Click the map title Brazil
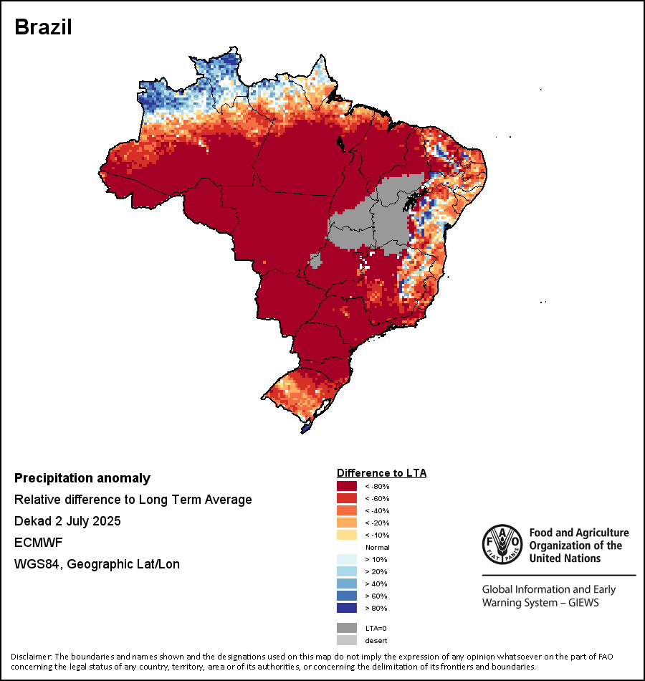coord(43,27)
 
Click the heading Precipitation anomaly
coord(82,478)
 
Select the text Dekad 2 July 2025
coord(67,521)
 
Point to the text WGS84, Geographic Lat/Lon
coord(97,564)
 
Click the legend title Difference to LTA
coord(381,473)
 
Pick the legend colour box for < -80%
coord(347,487)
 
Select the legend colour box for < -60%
coord(347,499)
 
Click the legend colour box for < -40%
coord(347,511)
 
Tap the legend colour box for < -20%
coord(347,523)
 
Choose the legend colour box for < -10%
coord(347,535)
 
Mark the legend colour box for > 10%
coord(347,560)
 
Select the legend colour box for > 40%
coord(347,584)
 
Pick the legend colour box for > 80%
coord(347,609)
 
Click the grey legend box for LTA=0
coord(347,628)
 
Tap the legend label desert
coord(376,640)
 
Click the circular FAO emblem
coord(500,546)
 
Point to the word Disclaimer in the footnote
coord(32,657)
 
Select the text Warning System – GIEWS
coord(540,603)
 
